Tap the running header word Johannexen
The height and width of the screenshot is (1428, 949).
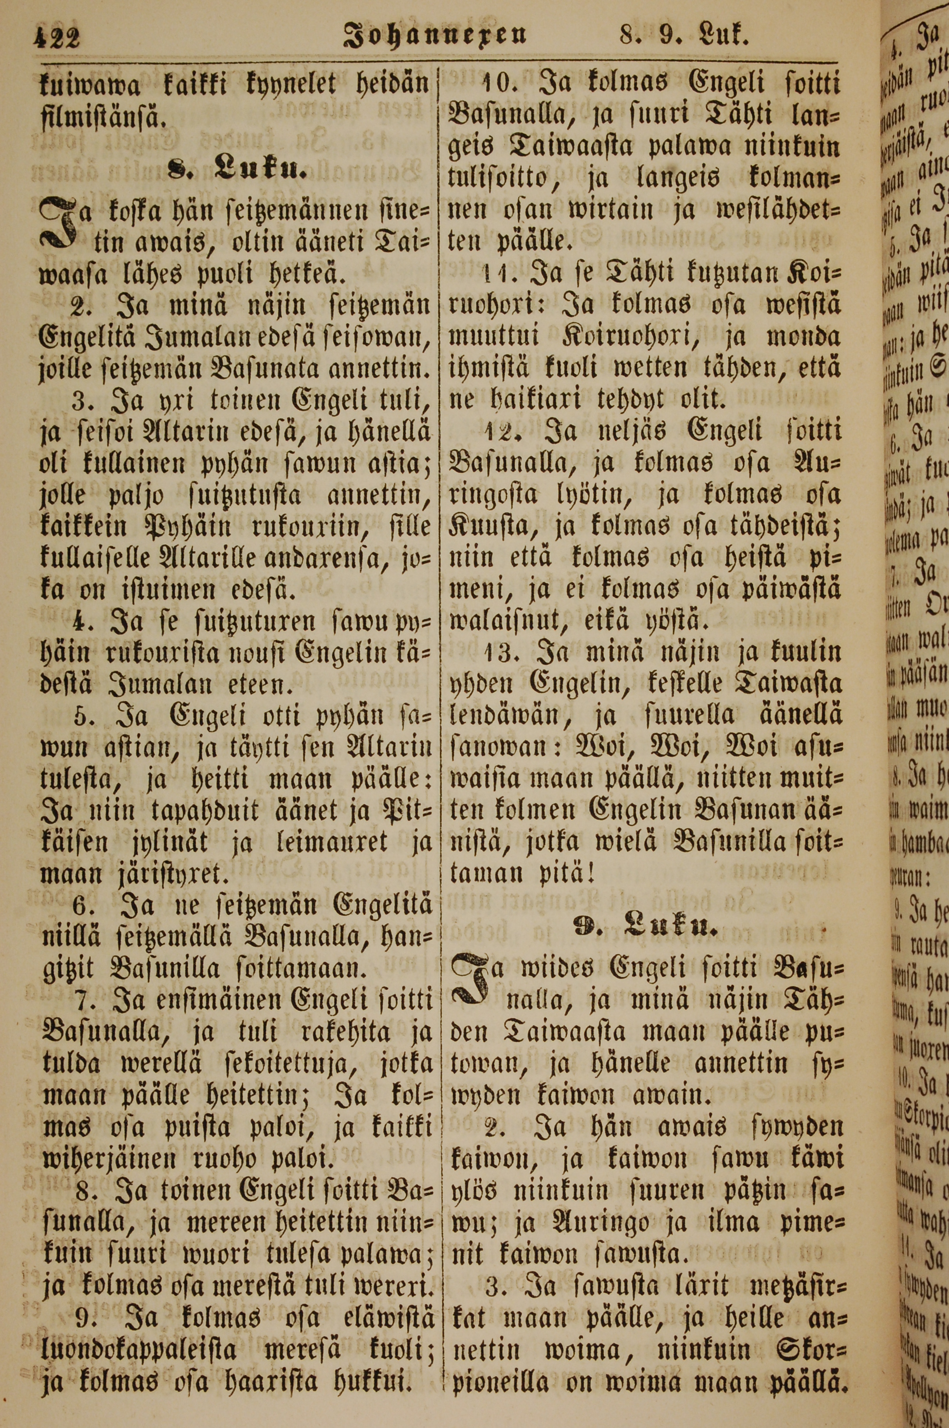435,38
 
